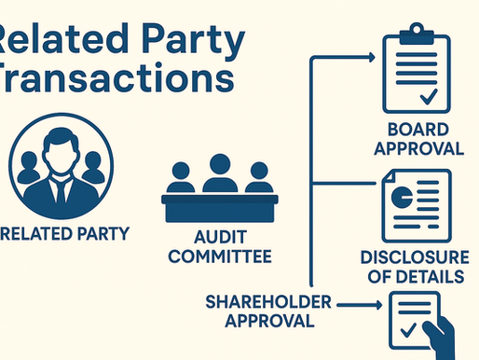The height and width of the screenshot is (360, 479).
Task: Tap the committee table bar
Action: [x=220, y=201]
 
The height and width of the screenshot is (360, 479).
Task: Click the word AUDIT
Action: [x=220, y=237]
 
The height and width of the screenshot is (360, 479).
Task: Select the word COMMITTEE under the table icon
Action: [x=220, y=255]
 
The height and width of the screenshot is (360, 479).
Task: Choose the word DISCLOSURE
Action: [x=416, y=258]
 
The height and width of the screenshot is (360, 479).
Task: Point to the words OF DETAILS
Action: [x=416, y=277]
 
